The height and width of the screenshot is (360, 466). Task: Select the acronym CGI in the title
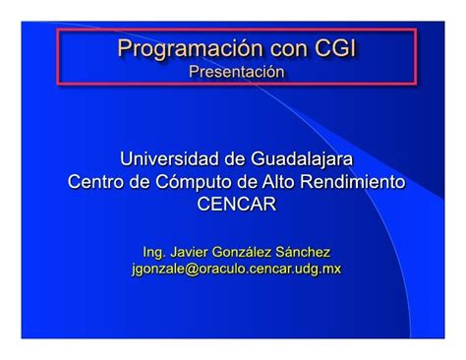[x=333, y=49]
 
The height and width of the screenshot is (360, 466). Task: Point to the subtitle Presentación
[x=236, y=72]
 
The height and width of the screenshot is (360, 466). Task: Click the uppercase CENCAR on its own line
[x=236, y=205]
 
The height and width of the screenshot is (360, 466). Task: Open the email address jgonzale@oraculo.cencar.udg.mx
[x=236, y=269]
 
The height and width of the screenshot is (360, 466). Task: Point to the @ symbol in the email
[x=195, y=269]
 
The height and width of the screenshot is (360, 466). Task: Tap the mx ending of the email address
[x=332, y=269]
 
